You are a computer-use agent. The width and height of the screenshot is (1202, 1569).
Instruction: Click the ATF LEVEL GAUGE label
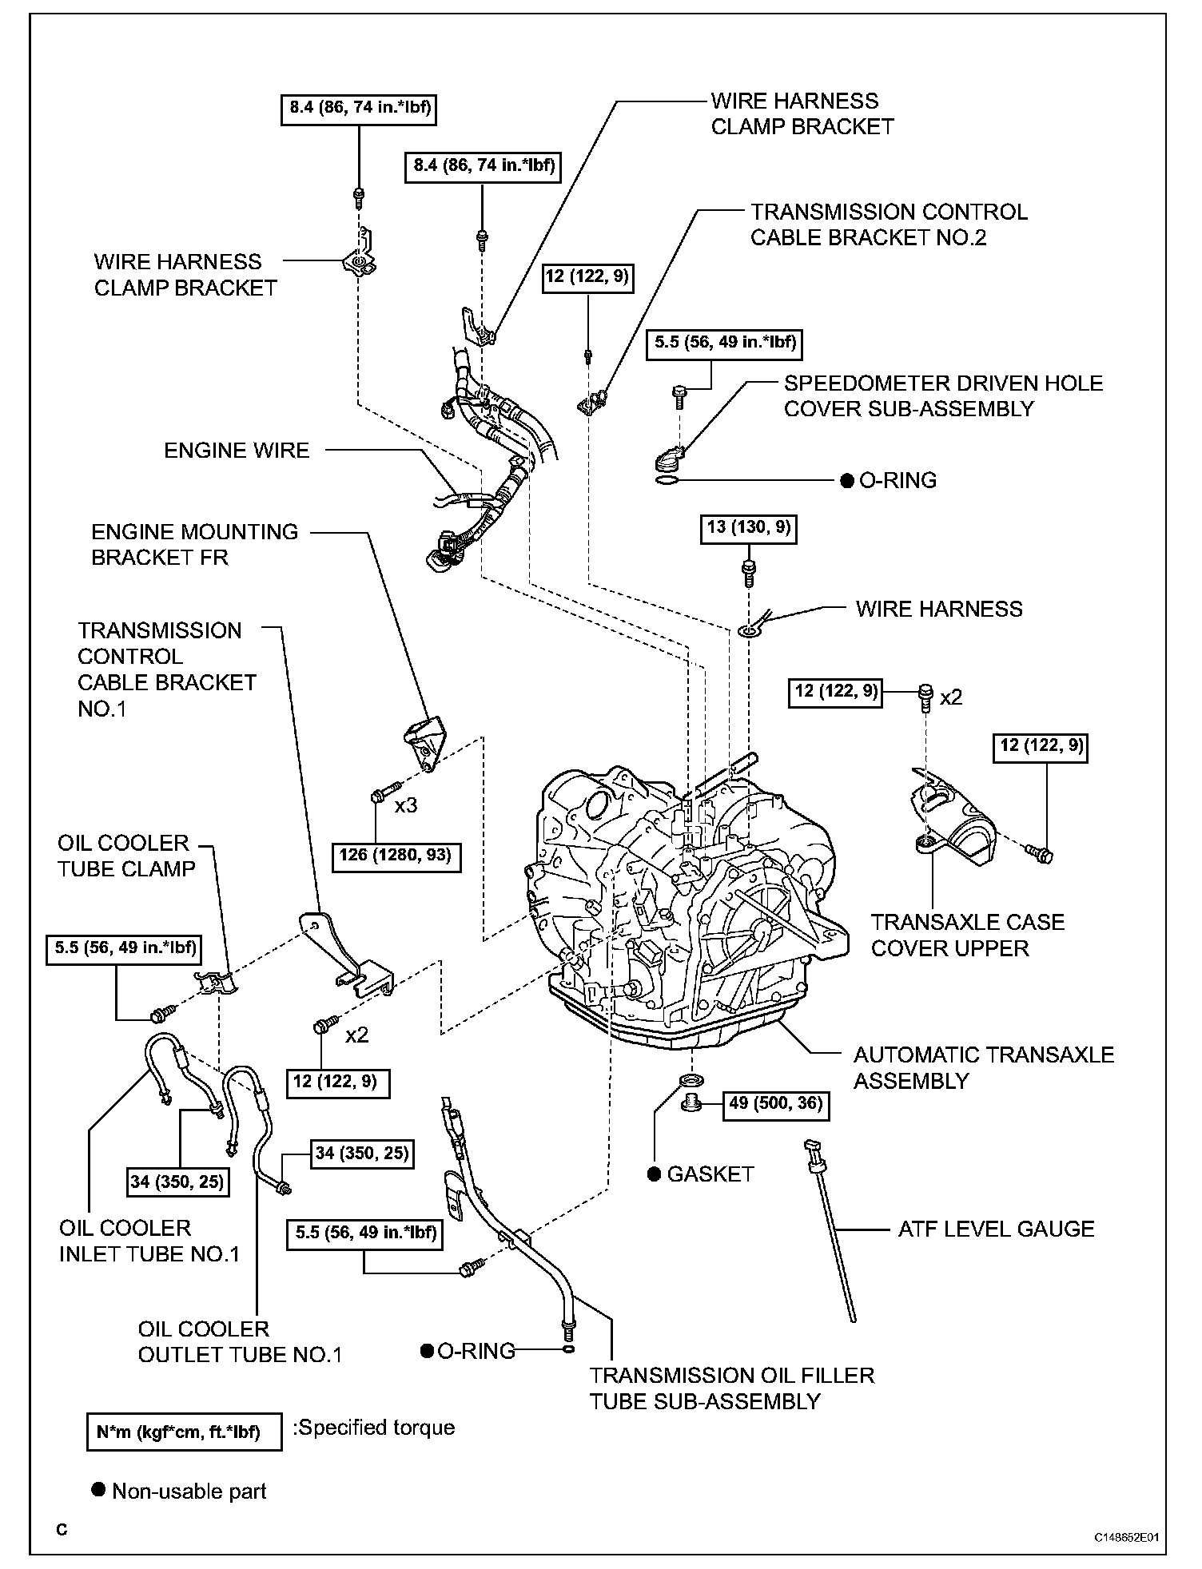996,1229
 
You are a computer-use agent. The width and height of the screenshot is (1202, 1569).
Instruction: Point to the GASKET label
710,1174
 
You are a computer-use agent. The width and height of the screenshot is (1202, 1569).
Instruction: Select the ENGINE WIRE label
237,451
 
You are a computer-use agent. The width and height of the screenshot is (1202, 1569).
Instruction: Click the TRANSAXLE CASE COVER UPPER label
967,935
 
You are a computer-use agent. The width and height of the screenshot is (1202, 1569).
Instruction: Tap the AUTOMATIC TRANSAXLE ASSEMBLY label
983,1067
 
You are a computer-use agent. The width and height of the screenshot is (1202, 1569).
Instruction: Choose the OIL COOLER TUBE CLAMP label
126,856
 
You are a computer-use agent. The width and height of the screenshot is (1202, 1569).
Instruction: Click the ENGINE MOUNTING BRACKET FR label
194,544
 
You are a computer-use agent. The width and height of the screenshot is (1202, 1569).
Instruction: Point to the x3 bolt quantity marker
406,805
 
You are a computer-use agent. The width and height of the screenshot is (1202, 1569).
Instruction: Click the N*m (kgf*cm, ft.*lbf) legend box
184,1432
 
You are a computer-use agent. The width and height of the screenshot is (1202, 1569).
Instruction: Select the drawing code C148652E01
1127,1536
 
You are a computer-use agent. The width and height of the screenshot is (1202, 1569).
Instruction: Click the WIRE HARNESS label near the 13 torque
938,609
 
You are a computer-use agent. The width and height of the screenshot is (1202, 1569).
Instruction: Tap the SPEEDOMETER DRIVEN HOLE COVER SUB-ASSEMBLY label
943,395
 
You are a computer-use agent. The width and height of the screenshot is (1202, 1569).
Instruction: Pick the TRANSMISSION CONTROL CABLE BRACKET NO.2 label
889,224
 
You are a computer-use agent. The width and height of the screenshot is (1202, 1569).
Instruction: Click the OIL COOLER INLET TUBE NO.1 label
149,1241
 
